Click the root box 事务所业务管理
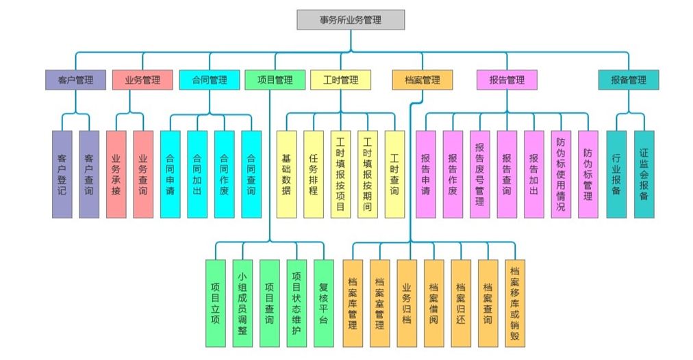351,20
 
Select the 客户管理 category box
75,80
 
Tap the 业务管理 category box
142,80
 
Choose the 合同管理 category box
210,80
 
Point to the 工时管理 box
340,80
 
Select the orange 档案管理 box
423,80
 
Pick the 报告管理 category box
507,80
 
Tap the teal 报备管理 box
628,80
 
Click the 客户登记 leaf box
62,175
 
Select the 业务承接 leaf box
116,175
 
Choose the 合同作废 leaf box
224,175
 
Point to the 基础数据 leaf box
286,175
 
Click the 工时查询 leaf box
394,175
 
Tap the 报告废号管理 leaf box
479,175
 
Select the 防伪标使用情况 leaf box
561,175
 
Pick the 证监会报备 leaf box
644,175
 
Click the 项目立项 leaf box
215,303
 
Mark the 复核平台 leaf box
323,303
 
